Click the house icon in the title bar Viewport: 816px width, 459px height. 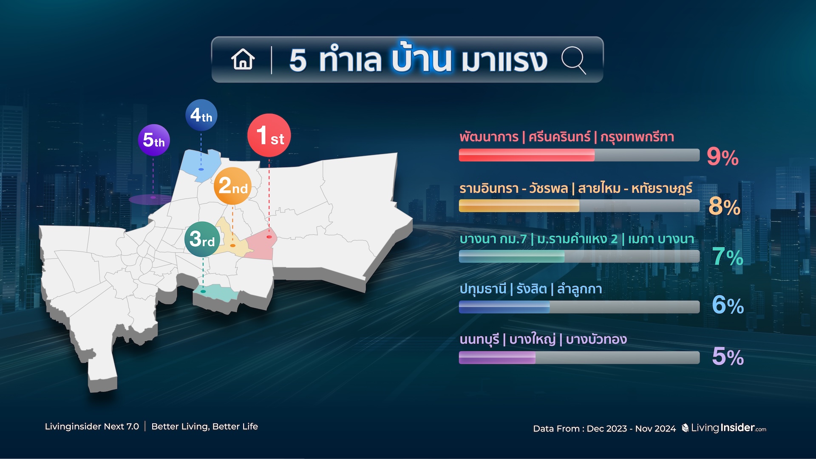(243, 59)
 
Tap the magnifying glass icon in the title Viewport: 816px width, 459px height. (574, 60)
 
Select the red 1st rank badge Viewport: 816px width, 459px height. (269, 135)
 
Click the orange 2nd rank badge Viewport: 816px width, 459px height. (232, 186)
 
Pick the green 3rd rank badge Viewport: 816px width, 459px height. (202, 239)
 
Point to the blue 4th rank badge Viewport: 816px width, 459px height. (201, 115)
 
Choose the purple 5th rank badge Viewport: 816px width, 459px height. (154, 140)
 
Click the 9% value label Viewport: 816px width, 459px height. (722, 157)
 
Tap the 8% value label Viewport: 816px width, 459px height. (724, 207)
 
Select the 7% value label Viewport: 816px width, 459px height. (728, 257)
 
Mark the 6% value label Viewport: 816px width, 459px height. (728, 305)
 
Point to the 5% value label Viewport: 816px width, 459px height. (728, 356)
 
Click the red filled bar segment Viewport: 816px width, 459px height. (527, 155)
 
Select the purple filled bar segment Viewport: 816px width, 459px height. (497, 357)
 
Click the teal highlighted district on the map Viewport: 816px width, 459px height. (213, 293)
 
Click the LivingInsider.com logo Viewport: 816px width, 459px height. (724, 428)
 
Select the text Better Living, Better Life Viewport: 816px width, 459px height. (204, 426)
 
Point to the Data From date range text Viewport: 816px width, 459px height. (604, 428)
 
